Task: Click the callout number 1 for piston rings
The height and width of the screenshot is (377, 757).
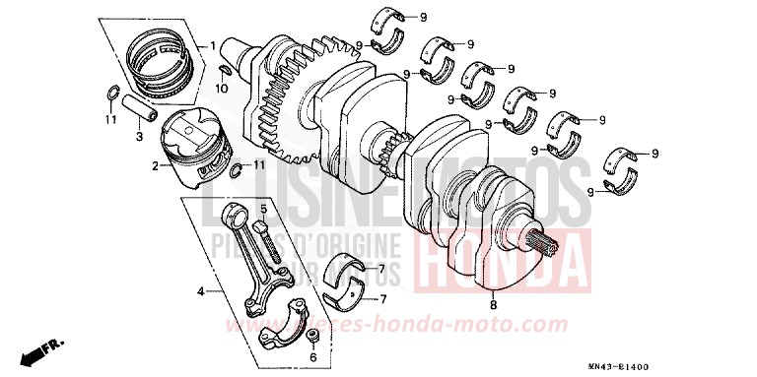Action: [x=213, y=47]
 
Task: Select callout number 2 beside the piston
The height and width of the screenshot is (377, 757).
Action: [x=155, y=166]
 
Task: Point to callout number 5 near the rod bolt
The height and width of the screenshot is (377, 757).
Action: [x=263, y=208]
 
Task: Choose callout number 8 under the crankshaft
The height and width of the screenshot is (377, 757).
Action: [x=494, y=306]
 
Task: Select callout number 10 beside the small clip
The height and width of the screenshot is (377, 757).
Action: [x=222, y=90]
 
